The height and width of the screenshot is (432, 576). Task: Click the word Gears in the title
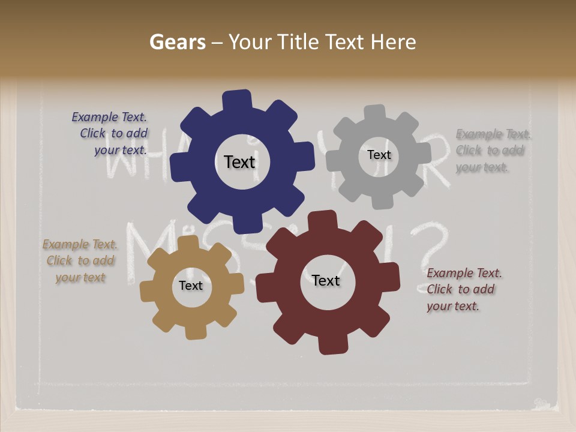[178, 42]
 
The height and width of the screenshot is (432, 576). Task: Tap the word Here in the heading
[393, 42]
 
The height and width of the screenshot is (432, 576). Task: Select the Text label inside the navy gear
[239, 162]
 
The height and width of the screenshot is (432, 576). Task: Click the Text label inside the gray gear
[379, 155]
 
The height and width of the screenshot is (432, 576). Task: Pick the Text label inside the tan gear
[191, 286]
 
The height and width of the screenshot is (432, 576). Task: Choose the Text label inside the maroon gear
[326, 281]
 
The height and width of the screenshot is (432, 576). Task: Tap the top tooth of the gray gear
[375, 113]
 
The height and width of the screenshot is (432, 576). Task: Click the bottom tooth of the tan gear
[195, 331]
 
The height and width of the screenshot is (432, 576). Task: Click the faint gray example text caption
[492, 151]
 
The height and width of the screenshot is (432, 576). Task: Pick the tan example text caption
[80, 261]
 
